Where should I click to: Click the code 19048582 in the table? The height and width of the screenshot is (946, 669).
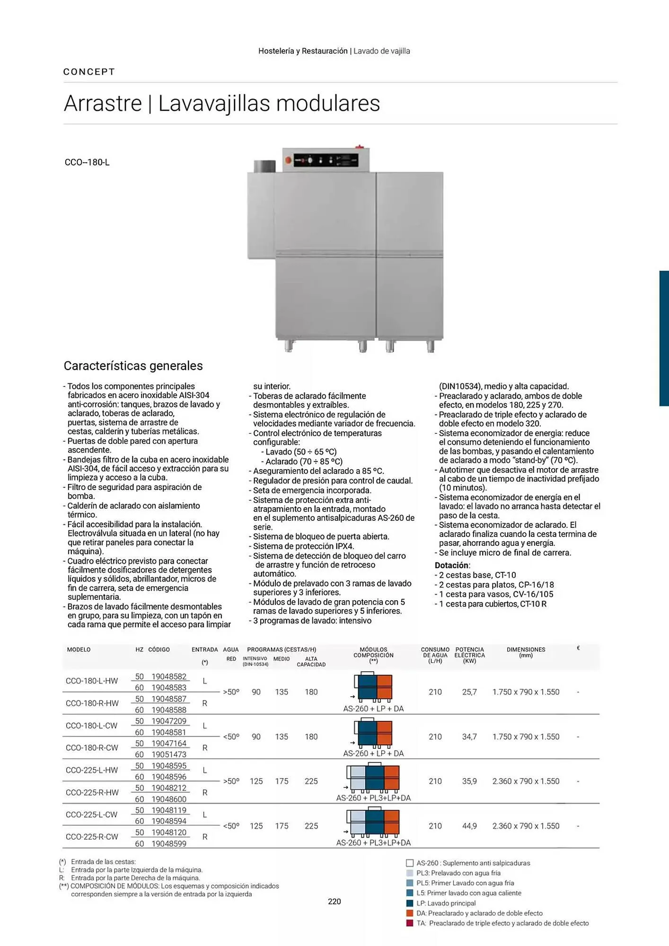click(x=168, y=676)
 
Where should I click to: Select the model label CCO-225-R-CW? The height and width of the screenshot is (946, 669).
click(x=92, y=837)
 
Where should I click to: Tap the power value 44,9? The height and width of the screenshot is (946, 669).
click(x=469, y=826)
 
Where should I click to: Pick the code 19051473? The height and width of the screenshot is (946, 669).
click(x=168, y=754)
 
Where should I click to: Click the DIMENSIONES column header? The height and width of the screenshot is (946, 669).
click(x=526, y=650)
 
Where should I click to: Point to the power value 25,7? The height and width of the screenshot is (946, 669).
click(x=469, y=692)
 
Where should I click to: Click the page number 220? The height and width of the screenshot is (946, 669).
click(x=334, y=902)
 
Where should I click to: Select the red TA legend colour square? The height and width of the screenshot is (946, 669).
click(x=410, y=923)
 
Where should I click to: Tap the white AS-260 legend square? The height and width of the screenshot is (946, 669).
click(x=410, y=863)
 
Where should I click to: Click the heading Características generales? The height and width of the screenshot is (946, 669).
click(x=133, y=366)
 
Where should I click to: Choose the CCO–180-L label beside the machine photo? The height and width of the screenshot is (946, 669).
click(x=87, y=162)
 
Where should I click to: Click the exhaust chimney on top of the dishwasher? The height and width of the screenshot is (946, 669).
click(x=264, y=166)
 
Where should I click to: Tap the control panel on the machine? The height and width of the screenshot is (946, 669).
click(x=326, y=160)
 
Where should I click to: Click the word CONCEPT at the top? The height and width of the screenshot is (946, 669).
click(x=89, y=72)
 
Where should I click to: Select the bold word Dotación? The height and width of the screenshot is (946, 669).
click(x=452, y=565)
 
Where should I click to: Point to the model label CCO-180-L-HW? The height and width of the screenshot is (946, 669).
click(x=92, y=681)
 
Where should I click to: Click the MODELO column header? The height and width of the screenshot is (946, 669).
click(x=79, y=650)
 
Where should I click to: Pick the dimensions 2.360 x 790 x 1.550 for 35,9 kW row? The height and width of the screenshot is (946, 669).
click(x=526, y=781)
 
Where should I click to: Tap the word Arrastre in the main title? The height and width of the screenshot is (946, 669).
click(x=103, y=104)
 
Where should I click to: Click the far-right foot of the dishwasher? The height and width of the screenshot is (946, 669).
click(x=430, y=347)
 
